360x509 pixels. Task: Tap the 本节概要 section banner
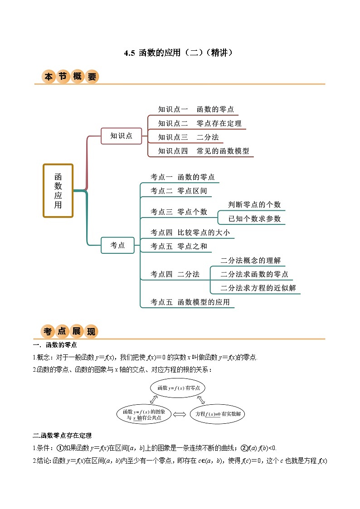point(70,77)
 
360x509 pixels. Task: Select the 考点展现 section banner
point(70,331)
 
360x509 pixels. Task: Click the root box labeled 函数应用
point(58,190)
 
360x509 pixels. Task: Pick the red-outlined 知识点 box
point(122,136)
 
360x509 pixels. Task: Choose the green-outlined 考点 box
point(118,245)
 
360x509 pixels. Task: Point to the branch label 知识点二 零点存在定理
point(199,123)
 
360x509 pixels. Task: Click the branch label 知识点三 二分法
point(188,137)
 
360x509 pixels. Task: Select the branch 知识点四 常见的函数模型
point(204,151)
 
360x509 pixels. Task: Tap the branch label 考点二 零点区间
point(179,191)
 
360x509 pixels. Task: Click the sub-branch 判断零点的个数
point(254,204)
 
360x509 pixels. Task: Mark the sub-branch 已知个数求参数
point(254,218)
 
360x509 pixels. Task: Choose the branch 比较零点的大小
point(190,233)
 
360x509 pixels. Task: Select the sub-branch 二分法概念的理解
point(250,260)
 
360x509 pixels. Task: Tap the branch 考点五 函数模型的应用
point(190,302)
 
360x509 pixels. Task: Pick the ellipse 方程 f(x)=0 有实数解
point(217,414)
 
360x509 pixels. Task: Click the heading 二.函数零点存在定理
point(63,436)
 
